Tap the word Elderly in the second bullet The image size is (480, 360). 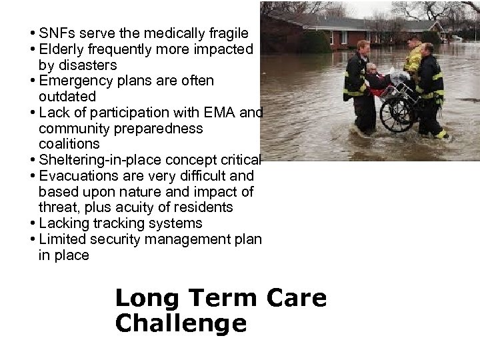(62, 49)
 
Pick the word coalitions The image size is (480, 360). (69, 144)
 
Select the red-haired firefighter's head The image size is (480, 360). (363, 46)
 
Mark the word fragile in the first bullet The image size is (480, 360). (225, 33)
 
